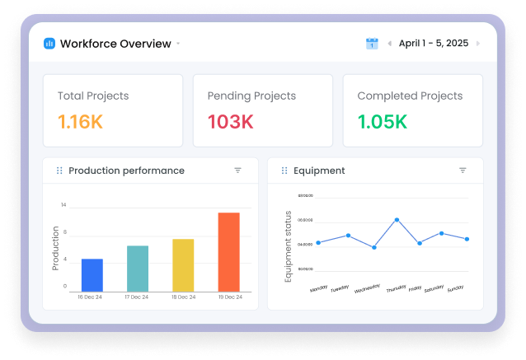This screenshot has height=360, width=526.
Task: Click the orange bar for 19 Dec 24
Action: tap(228, 251)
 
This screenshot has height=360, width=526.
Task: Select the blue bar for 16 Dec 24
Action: tap(92, 274)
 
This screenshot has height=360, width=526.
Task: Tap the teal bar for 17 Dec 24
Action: tap(138, 268)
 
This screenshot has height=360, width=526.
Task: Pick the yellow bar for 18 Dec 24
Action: tap(183, 264)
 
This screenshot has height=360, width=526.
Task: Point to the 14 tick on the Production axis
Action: tap(63, 204)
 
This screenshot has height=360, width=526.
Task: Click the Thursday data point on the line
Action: tap(397, 220)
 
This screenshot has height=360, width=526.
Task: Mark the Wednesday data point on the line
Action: tap(373, 247)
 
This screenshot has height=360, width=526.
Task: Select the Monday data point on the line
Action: tap(318, 242)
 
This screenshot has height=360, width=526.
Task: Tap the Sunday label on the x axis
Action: tap(455, 289)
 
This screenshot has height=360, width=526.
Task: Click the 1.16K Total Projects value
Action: tap(80, 122)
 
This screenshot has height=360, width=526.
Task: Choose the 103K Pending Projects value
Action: tap(230, 122)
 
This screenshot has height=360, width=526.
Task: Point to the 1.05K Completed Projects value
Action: tap(383, 122)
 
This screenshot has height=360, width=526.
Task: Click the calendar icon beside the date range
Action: tap(372, 44)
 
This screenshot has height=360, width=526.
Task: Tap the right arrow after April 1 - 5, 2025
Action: tap(478, 44)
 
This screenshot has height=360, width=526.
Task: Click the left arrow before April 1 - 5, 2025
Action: tap(389, 44)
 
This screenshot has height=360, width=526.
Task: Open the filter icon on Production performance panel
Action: tap(237, 171)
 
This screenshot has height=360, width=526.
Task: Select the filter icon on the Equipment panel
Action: tap(463, 171)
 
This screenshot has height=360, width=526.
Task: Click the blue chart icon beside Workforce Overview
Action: tap(49, 44)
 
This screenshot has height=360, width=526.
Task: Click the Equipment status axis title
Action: tap(289, 246)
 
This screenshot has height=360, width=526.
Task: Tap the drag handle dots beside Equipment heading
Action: tap(284, 171)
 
